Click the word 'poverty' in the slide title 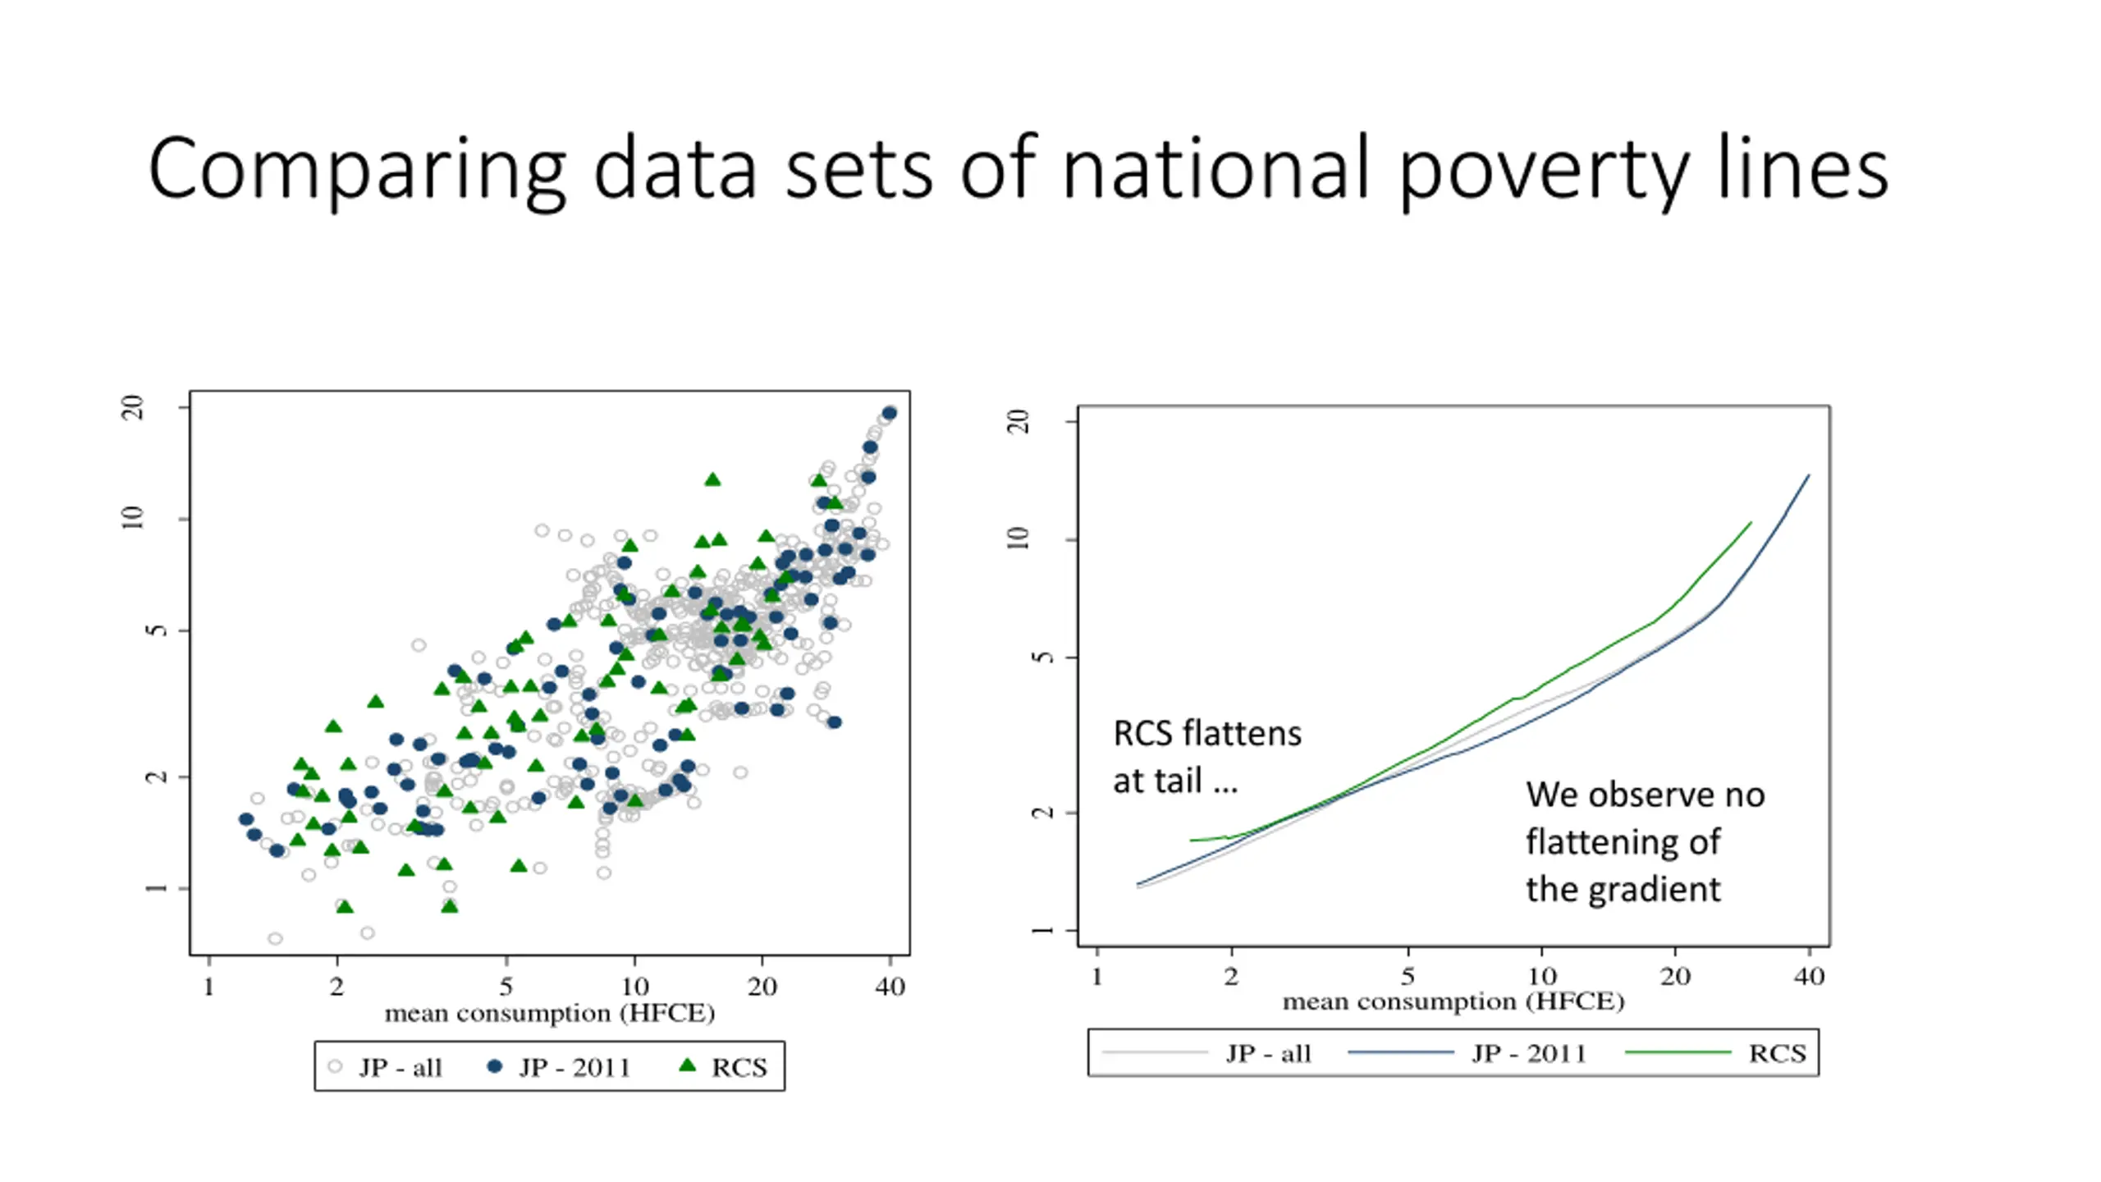point(1541,171)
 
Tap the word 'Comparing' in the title point(356,171)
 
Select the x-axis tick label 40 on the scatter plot point(890,986)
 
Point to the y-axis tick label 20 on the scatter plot point(132,407)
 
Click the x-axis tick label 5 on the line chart point(1408,976)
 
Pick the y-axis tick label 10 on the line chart point(1018,538)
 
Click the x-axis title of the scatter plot point(550,1013)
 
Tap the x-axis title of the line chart point(1453,1001)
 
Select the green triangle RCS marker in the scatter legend point(688,1065)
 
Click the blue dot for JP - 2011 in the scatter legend point(494,1066)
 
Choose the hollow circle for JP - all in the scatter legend point(335,1066)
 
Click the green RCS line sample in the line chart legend point(1678,1052)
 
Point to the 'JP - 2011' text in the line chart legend point(1529,1053)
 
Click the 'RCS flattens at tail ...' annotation point(1206,756)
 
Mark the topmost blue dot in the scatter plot point(889,413)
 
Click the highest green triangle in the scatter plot point(712,479)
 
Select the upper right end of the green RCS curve point(1751,522)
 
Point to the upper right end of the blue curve point(1809,475)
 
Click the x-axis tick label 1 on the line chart point(1097,976)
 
